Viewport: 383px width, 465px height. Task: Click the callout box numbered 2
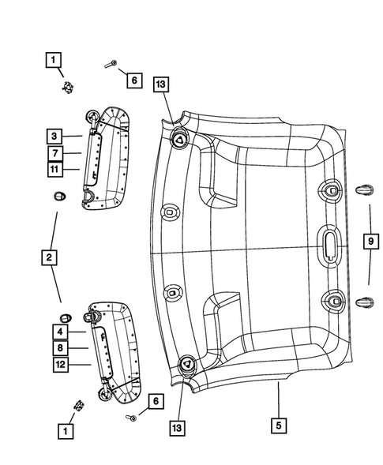[x=49, y=257]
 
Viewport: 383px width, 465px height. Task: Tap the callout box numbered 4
[x=60, y=332]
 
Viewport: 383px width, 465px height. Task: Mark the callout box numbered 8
[x=60, y=348]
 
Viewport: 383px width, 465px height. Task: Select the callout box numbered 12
[x=60, y=364]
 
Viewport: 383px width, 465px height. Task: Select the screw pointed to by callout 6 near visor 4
[x=131, y=417]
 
